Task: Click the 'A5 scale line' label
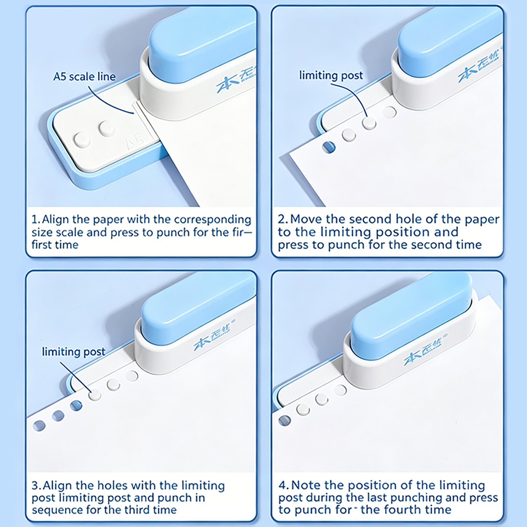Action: (x=84, y=77)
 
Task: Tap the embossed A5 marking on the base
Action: (x=135, y=140)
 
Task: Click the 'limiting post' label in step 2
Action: (x=331, y=75)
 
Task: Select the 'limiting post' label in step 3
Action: (x=73, y=352)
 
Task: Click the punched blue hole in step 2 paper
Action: (x=328, y=147)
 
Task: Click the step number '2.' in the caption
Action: (x=283, y=219)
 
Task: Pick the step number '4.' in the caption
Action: (x=284, y=485)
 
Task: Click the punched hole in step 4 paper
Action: (x=285, y=421)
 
